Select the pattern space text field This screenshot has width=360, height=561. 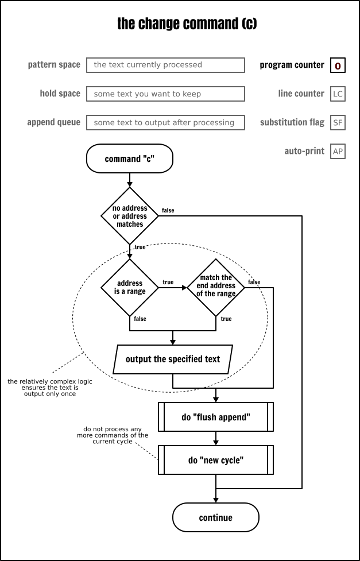(x=165, y=65)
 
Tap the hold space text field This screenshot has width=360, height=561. (x=165, y=94)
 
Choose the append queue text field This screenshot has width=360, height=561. (x=165, y=122)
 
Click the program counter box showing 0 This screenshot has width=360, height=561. (x=338, y=65)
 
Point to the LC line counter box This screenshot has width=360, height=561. (x=338, y=94)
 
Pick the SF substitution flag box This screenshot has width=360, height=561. (x=338, y=122)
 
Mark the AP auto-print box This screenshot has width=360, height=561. (x=338, y=151)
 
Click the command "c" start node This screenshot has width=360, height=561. (x=129, y=159)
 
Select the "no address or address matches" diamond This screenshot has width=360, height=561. (x=130, y=216)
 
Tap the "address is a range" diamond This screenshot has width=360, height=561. (x=130, y=287)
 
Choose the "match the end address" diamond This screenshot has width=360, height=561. (x=216, y=286)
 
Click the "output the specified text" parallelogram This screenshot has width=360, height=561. (x=173, y=359)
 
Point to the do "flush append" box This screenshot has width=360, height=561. (x=216, y=417)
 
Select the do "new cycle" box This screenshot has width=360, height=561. (x=216, y=460)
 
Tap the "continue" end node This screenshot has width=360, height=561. (x=216, y=517)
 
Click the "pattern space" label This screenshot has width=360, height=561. (x=54, y=65)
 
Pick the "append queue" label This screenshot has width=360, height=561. (x=53, y=122)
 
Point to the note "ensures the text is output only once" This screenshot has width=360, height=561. (x=49, y=388)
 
